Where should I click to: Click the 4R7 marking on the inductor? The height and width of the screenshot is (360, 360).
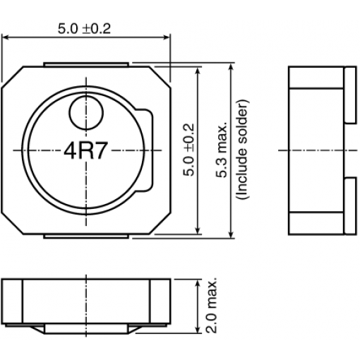86,151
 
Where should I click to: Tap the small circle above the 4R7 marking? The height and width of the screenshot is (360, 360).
86,113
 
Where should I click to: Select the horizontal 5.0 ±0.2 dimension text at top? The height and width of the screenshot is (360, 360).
84,29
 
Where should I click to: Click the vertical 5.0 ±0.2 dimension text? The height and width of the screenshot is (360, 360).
189,150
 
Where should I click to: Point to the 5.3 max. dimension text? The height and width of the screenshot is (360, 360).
222,150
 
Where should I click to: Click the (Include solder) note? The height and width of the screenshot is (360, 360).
242,150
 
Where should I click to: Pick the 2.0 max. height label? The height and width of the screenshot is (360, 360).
211,306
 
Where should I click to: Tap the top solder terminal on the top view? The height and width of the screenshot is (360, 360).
86,65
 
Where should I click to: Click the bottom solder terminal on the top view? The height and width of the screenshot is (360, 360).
86,236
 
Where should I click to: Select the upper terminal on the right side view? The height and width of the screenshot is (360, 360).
350,95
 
